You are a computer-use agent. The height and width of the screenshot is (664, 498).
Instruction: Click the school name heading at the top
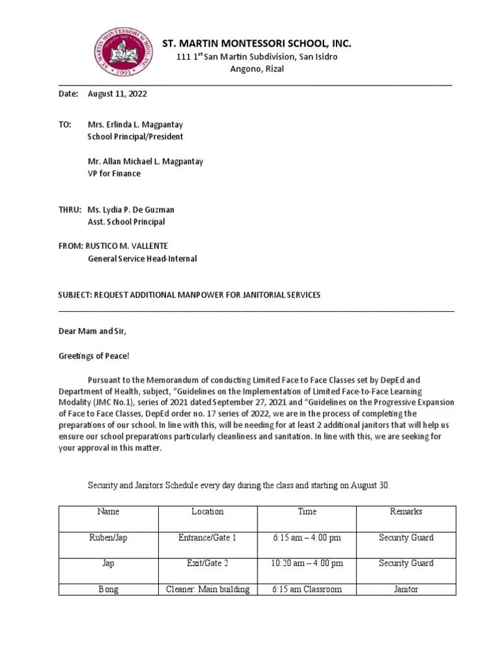pyautogui.click(x=257, y=44)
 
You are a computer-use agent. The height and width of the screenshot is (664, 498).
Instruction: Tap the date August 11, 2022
pyautogui.click(x=117, y=94)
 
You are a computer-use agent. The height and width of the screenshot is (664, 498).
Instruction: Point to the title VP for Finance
pyautogui.click(x=114, y=174)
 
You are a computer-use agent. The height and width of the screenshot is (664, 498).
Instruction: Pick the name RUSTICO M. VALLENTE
pyautogui.click(x=128, y=246)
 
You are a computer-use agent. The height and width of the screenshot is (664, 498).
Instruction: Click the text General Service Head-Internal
pyautogui.click(x=142, y=259)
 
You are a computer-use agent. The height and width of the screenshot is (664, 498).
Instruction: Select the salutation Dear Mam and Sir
pyautogui.click(x=93, y=331)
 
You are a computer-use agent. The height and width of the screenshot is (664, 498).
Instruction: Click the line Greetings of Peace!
pyautogui.click(x=94, y=355)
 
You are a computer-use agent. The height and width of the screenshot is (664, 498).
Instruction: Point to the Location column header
pyautogui.click(x=207, y=512)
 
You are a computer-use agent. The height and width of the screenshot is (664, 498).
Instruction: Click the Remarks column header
pyautogui.click(x=406, y=512)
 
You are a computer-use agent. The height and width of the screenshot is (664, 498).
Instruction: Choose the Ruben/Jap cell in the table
pyautogui.click(x=108, y=538)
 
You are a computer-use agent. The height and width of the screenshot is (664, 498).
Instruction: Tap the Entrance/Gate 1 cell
pyautogui.click(x=207, y=538)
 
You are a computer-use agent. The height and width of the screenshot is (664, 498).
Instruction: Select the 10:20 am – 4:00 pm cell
pyautogui.click(x=307, y=563)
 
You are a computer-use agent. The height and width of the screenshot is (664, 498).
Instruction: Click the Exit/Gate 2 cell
pyautogui.click(x=207, y=563)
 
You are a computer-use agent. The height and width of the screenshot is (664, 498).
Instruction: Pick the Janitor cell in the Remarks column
pyautogui.click(x=406, y=589)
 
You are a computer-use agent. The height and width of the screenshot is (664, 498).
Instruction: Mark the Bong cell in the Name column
pyautogui.click(x=108, y=589)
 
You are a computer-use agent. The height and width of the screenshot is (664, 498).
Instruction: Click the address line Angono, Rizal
pyautogui.click(x=257, y=69)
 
